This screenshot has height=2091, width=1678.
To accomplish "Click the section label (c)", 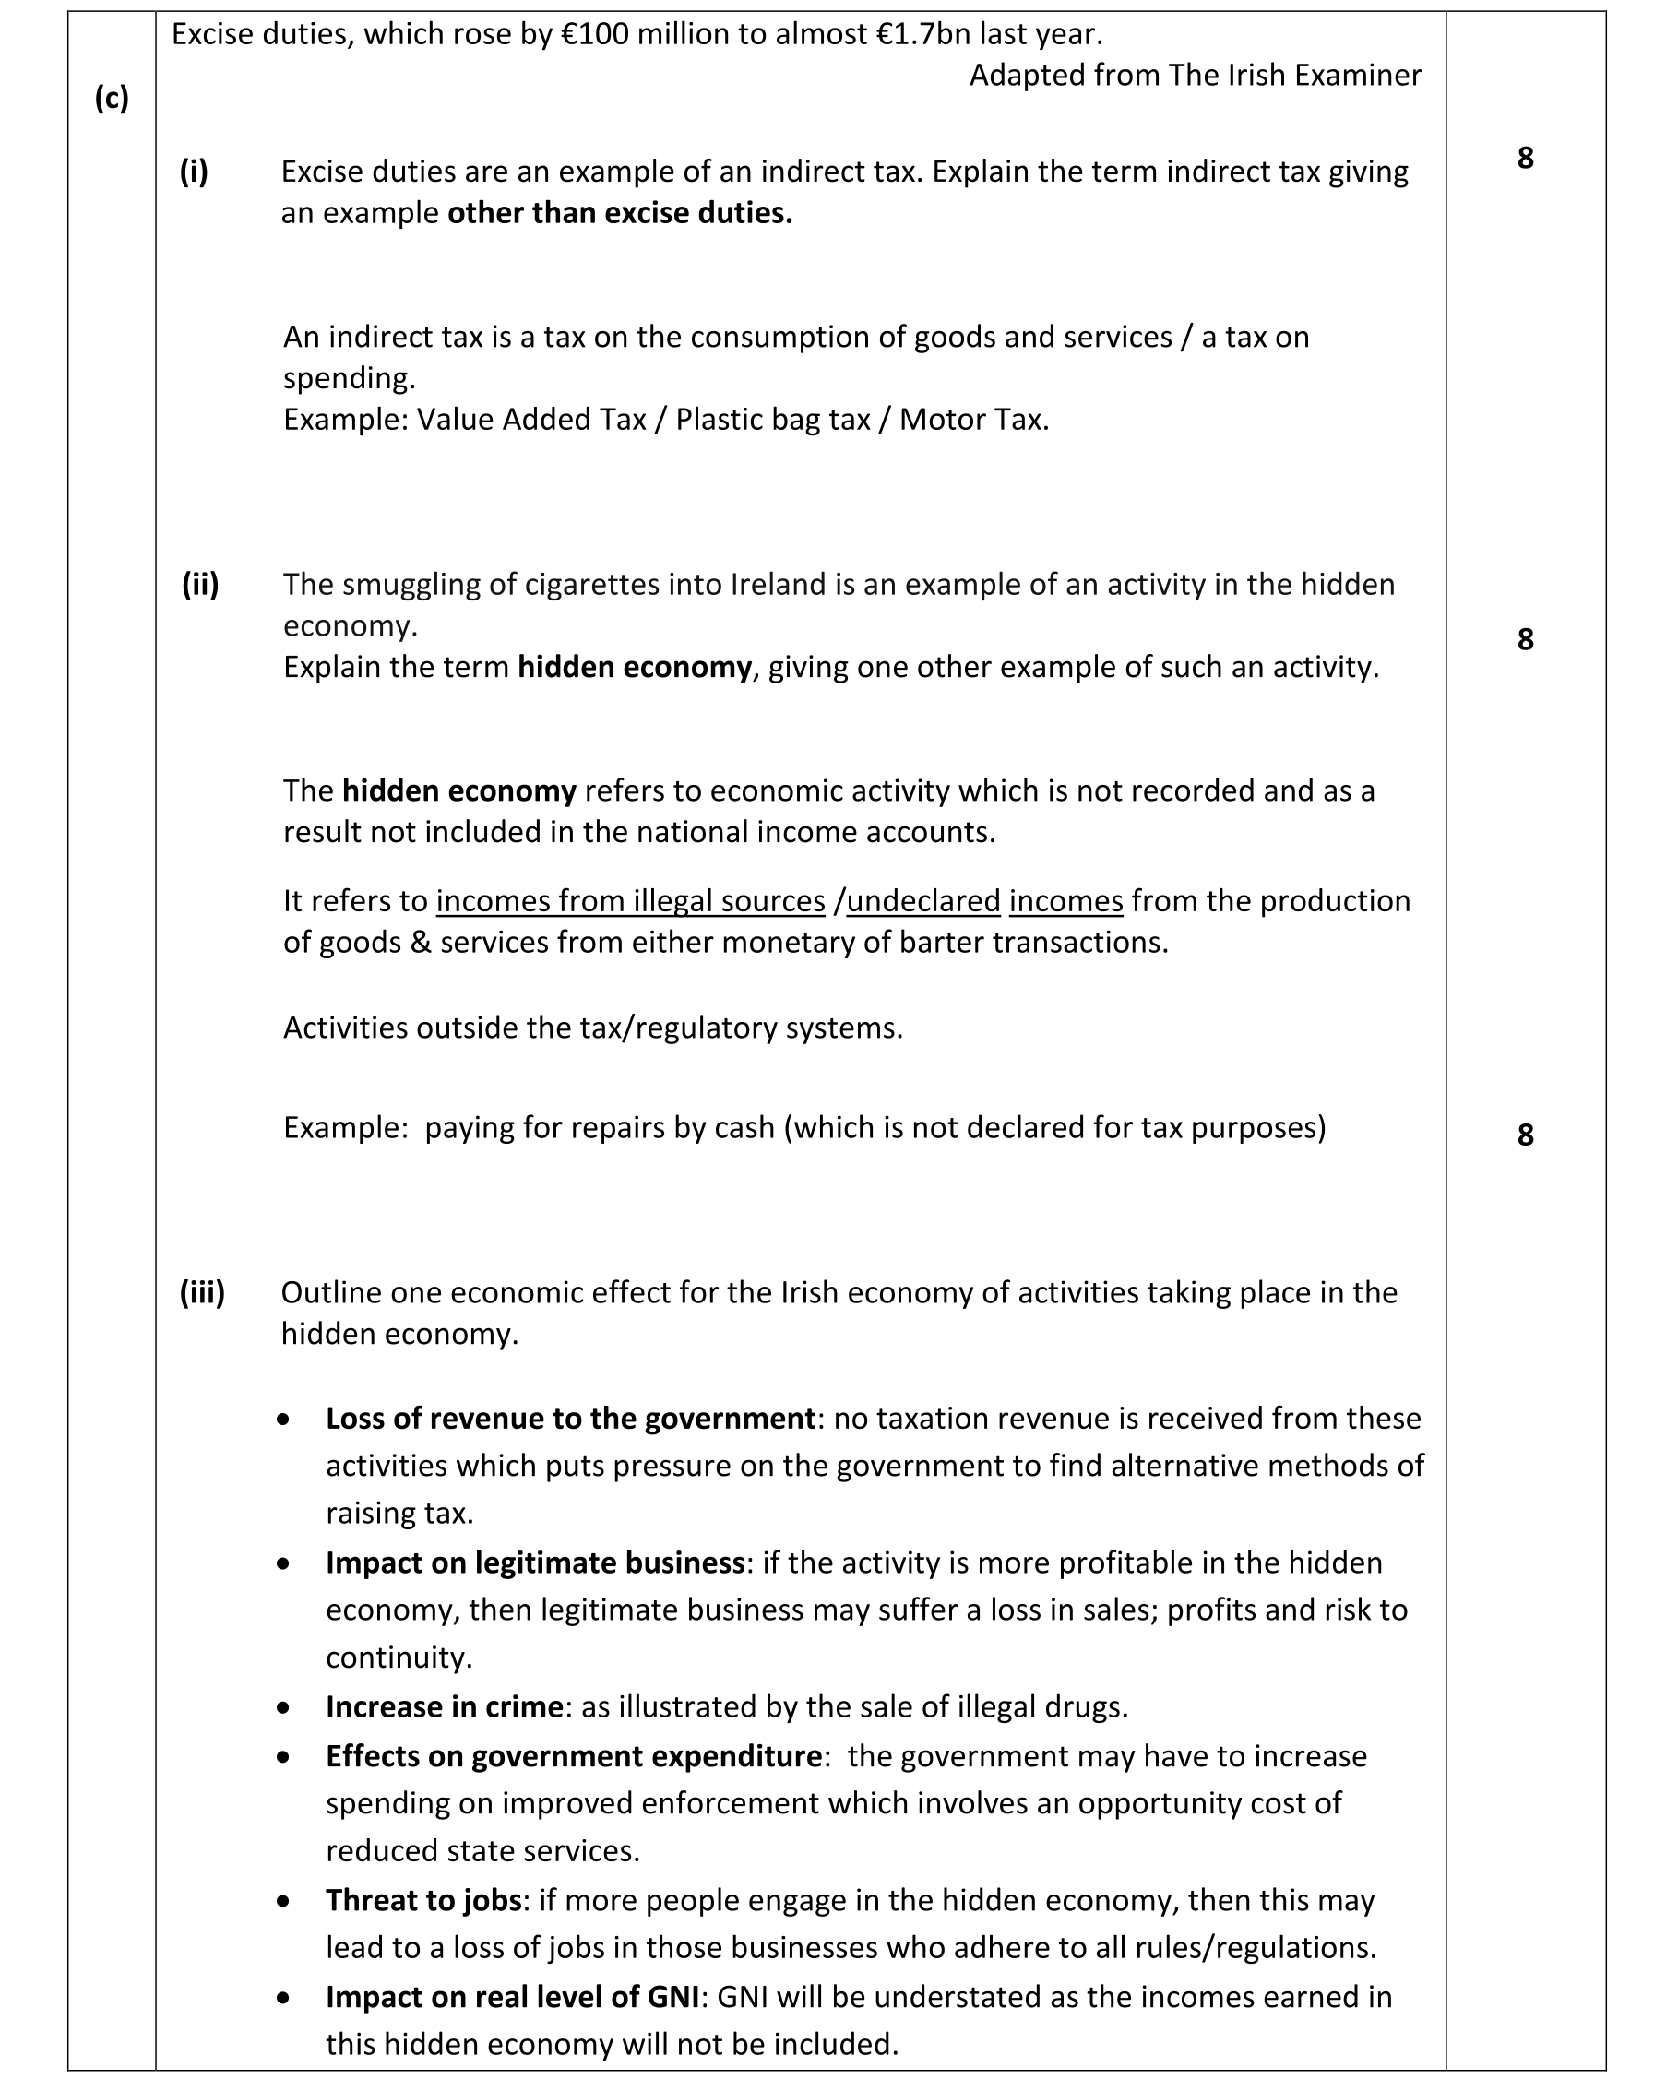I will pyautogui.click(x=112, y=98).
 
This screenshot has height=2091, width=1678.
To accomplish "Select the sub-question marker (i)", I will pyautogui.click(x=194, y=172).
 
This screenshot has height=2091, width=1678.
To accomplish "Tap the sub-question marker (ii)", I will pyautogui.click(x=200, y=584).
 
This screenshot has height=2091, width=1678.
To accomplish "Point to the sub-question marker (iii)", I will pyautogui.click(x=202, y=1292).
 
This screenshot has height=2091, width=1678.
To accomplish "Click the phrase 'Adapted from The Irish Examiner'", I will pyautogui.click(x=1195, y=75).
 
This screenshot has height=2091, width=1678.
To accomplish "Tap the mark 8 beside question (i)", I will pyautogui.click(x=1525, y=157).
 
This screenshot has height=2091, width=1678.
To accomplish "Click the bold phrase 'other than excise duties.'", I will pyautogui.click(x=620, y=212).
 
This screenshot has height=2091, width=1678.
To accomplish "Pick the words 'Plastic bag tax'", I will pyautogui.click(x=772, y=419).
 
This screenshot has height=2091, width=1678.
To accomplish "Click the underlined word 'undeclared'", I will pyautogui.click(x=923, y=901).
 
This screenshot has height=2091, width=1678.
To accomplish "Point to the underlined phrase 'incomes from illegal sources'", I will pyautogui.click(x=630, y=901).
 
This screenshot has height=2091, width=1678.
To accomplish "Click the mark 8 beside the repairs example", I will pyautogui.click(x=1525, y=1134).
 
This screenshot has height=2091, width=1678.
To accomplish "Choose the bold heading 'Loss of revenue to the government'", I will pyautogui.click(x=570, y=1419).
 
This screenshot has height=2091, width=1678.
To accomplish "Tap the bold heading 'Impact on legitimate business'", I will pyautogui.click(x=534, y=1563).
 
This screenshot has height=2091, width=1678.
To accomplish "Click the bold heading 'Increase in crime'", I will pyautogui.click(x=445, y=1707).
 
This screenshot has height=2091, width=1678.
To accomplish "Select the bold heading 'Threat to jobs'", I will pyautogui.click(x=423, y=1901).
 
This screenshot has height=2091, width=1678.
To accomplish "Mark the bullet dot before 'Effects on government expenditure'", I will pyautogui.click(x=282, y=1757).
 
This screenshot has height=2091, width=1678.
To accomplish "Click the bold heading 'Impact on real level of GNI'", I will pyautogui.click(x=512, y=1997).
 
